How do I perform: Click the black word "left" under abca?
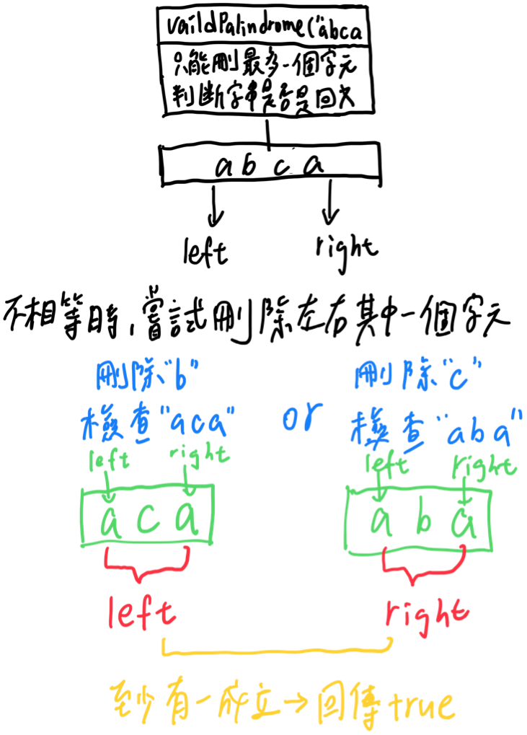tap(205, 252)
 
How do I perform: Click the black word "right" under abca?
tap(346, 247)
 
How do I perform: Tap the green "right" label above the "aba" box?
tap(483, 466)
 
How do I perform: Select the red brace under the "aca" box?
tap(147, 563)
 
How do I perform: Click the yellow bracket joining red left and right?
tap(278, 650)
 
